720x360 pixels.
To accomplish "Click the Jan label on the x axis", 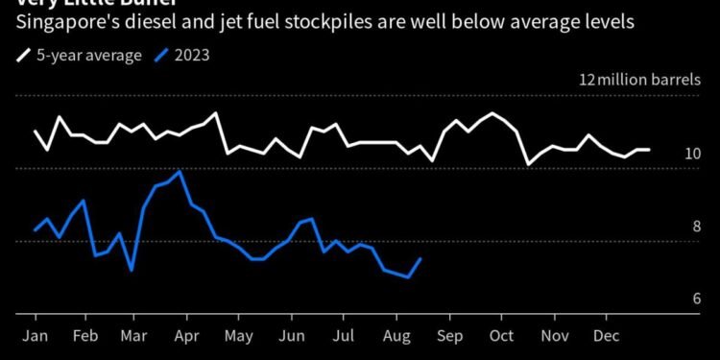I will pyautogui.click(x=36, y=338).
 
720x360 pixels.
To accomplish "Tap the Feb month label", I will pyautogui.click(x=84, y=338).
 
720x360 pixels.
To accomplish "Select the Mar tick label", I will pyautogui.click(x=134, y=338).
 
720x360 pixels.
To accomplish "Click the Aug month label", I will pyautogui.click(x=395, y=338).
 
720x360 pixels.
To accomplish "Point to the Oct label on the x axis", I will pyautogui.click(x=499, y=338).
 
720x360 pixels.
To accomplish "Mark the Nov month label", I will pyautogui.click(x=552, y=338).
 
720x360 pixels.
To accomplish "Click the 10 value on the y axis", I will pyautogui.click(x=693, y=155).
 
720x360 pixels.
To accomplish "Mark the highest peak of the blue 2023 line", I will pyautogui.click(x=180, y=172).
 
